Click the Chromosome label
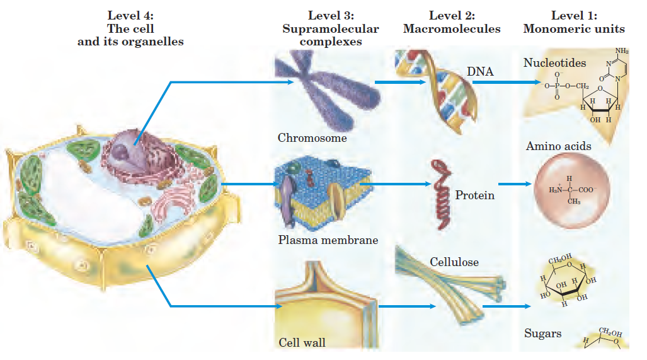(x=312, y=138)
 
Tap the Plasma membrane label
(x=328, y=240)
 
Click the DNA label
(x=480, y=73)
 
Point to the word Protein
(x=474, y=195)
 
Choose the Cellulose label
(x=454, y=261)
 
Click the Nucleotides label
(x=554, y=63)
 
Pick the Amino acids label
(x=558, y=146)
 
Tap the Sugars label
(x=542, y=334)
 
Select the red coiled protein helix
(x=440, y=192)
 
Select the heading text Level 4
(x=130, y=15)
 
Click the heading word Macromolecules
(x=452, y=29)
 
